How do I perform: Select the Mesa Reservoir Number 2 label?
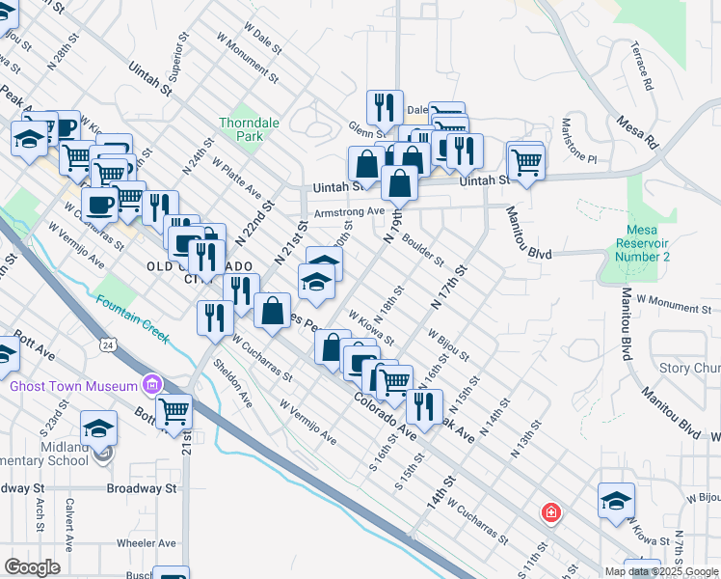[x=642, y=243]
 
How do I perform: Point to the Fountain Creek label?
[x=132, y=318]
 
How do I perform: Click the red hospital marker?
[x=550, y=512]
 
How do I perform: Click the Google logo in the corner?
[x=33, y=567]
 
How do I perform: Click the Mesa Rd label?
[x=638, y=132]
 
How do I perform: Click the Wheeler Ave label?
[x=146, y=543]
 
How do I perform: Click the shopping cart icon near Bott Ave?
[x=174, y=412]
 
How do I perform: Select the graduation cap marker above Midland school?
[x=98, y=427]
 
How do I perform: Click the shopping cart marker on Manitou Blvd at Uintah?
[x=526, y=161]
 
